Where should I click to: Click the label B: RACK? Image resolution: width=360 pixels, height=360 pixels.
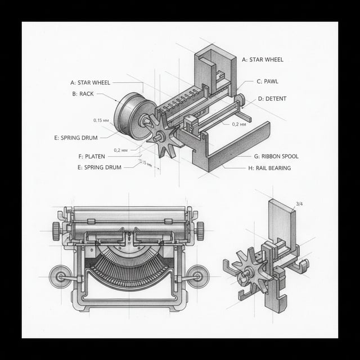[x=83, y=94]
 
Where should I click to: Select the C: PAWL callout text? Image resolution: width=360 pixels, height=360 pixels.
[x=267, y=82]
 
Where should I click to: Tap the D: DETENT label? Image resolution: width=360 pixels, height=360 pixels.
[x=272, y=99]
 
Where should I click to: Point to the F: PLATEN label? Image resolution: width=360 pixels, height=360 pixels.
[x=91, y=156]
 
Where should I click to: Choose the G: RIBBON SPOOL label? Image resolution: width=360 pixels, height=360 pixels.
[x=276, y=156]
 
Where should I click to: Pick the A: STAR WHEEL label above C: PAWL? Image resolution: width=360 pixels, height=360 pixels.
[x=263, y=60]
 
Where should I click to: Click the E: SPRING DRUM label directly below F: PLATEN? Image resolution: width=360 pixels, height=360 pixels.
[x=100, y=167]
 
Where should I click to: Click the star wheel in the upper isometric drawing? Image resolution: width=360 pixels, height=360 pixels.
[x=162, y=135]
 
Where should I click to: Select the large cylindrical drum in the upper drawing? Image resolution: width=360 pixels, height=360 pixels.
[x=133, y=116]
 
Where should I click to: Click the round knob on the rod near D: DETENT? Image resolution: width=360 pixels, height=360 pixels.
[x=240, y=100]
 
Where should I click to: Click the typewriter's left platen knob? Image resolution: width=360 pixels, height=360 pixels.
[x=56, y=230]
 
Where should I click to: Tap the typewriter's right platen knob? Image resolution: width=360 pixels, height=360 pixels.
[x=200, y=230]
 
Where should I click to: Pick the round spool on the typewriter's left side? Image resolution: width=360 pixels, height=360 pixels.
[x=60, y=276]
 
